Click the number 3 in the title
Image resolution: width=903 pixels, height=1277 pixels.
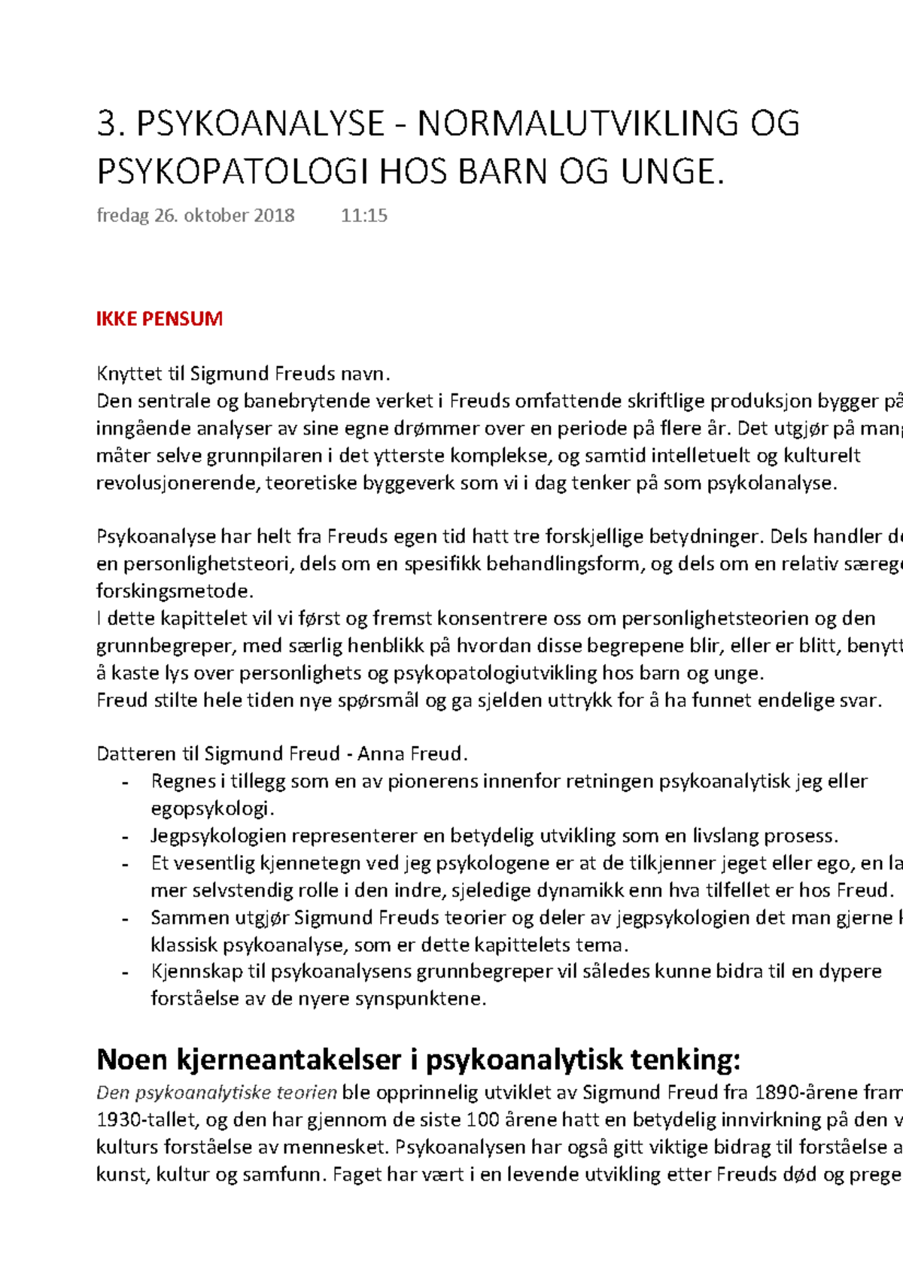(x=108, y=124)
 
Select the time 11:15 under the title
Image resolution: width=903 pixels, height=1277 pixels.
(x=364, y=216)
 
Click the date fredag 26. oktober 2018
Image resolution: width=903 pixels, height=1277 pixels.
(x=196, y=216)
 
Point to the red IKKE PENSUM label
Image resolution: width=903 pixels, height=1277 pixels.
(x=160, y=319)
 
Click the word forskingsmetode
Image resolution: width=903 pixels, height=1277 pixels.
(x=175, y=590)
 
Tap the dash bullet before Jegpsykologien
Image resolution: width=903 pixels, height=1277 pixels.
(x=126, y=836)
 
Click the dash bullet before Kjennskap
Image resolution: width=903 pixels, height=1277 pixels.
(x=126, y=972)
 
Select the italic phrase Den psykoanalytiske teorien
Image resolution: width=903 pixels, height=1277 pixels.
(x=217, y=1092)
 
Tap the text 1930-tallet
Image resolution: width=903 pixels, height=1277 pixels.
(x=147, y=1120)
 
